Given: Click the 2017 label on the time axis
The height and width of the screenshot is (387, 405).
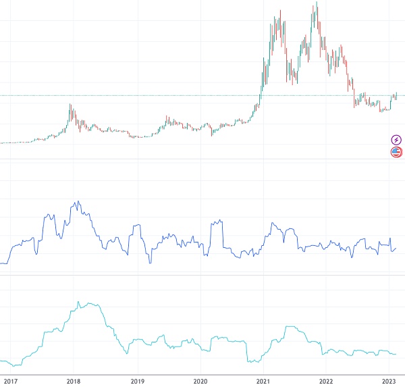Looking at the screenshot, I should (11, 380).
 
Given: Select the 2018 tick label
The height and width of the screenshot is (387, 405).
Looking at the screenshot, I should (74, 380).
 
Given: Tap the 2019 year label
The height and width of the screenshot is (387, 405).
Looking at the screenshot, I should (137, 380).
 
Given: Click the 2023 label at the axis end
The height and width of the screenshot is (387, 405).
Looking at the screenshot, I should (389, 380).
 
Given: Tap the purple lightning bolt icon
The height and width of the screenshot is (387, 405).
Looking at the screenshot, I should (396, 140).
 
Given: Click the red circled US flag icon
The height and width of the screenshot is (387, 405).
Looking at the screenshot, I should (396, 152).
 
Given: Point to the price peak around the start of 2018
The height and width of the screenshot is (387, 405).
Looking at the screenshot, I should (70, 105).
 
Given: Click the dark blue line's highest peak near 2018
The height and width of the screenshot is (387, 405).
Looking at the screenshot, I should (78, 201).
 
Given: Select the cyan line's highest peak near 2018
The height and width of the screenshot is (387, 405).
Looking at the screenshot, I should (78, 302).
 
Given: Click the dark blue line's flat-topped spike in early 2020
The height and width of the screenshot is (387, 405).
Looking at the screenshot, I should (216, 222).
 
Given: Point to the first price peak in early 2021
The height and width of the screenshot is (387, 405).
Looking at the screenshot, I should (279, 11).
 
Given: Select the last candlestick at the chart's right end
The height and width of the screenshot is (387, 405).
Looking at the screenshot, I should (396, 95).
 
